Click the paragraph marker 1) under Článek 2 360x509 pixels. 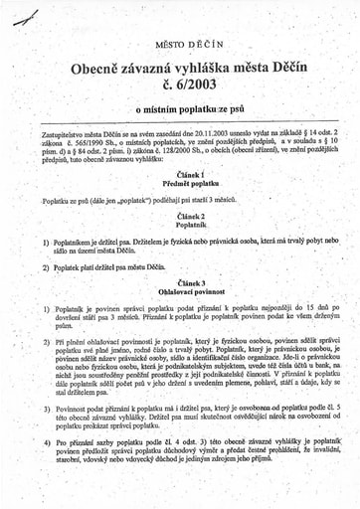pos(46,243)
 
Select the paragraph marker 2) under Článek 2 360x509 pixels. pos(46,267)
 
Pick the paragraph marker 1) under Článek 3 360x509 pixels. pos(46,310)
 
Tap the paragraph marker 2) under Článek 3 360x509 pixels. pos(46,340)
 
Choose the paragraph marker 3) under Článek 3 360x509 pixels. pos(46,407)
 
